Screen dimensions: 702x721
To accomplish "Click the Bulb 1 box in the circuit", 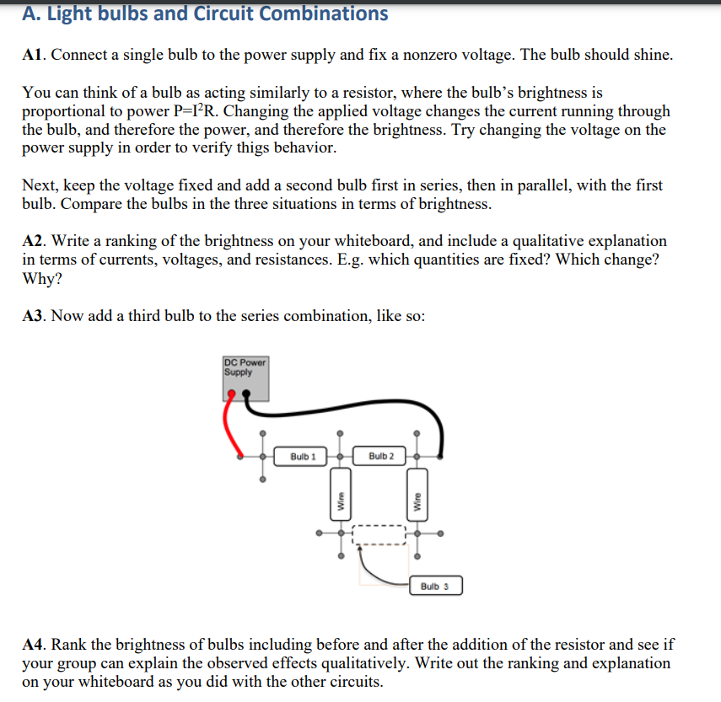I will pos(303,456).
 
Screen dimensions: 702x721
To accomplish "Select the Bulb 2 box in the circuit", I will pos(381,456).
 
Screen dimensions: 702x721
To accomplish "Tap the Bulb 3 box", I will pos(435,586).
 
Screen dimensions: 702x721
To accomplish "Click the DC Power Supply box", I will pos(245,378).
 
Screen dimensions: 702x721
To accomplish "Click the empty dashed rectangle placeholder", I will pos(379,537).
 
